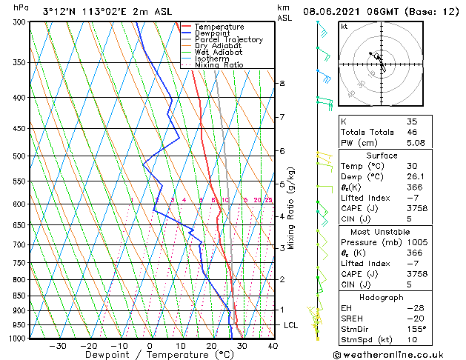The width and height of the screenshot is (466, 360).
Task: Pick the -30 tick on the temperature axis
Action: pos(58,345)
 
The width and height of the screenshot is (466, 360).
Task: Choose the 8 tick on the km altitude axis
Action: pos(282,84)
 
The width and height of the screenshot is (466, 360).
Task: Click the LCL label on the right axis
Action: pos(291,325)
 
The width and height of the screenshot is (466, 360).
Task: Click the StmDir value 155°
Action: pos(416,329)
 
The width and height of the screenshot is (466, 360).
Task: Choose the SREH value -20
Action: pos(413,318)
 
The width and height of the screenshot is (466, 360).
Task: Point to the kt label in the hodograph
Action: pos(344,26)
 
